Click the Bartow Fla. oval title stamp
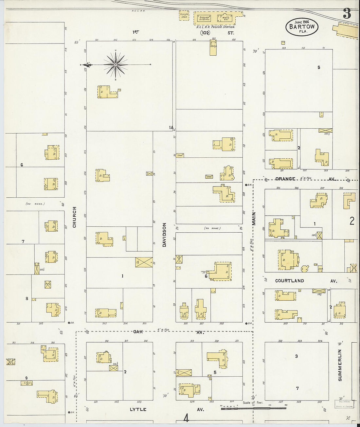click(x=302, y=27)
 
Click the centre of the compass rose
click(x=116, y=65)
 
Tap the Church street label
click(x=74, y=217)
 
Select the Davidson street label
click(x=165, y=235)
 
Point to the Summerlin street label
click(x=340, y=365)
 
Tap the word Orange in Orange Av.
click(x=285, y=179)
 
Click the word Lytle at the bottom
click(x=138, y=409)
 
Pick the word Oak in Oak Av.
click(x=138, y=332)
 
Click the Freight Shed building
click(x=184, y=15)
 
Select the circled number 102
click(x=205, y=33)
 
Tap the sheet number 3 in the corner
click(x=347, y=14)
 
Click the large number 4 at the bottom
click(x=186, y=418)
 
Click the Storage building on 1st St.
click(x=213, y=48)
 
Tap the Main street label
click(x=254, y=218)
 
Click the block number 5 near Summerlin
click(x=318, y=67)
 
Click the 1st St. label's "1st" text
click(x=135, y=32)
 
